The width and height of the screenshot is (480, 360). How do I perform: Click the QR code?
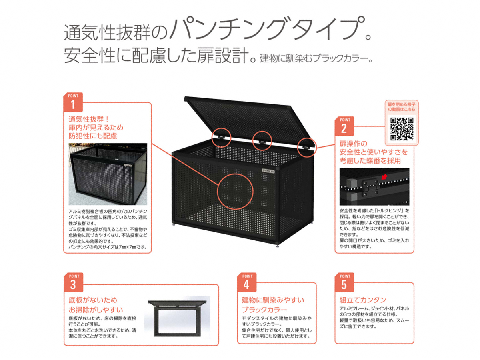tap(402, 129)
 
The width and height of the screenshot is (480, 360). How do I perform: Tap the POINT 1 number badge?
tap(73, 102)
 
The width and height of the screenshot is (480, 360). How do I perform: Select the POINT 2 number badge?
tap(344, 126)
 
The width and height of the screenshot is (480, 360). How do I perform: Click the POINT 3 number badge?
tap(74, 282)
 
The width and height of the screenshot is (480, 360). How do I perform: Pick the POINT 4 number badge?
tap(247, 282)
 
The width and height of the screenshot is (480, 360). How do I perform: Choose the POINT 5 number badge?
tap(344, 282)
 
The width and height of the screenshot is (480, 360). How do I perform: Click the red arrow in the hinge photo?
tap(384, 176)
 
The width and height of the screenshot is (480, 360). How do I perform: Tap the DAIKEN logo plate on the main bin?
tap(268, 171)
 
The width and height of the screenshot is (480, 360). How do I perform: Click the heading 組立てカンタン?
tap(362, 300)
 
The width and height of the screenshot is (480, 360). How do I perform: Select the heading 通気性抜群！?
tap(89, 119)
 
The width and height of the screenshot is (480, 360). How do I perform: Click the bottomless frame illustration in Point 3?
tap(177, 318)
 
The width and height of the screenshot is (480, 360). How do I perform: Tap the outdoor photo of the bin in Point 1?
tap(108, 174)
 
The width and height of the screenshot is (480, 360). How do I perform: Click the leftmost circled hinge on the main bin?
tap(221, 138)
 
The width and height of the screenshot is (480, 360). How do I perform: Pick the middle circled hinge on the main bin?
tap(262, 141)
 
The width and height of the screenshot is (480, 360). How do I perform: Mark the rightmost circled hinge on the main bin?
tap(307, 148)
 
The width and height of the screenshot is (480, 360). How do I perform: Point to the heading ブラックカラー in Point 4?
tap(264, 310)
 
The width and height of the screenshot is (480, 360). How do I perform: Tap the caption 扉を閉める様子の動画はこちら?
tap(402, 107)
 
